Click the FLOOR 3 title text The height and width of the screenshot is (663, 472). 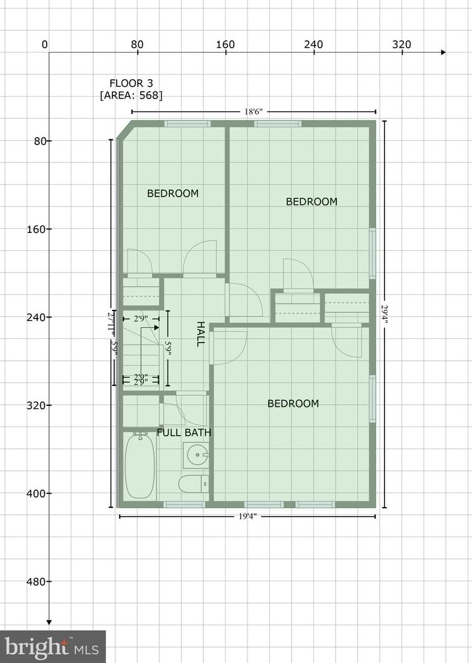pos(131,83)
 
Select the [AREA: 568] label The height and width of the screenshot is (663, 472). pos(131,95)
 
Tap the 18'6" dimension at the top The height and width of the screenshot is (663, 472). pos(253,112)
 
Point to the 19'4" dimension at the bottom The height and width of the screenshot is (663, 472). pos(246,516)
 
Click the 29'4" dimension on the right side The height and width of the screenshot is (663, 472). pos(385,314)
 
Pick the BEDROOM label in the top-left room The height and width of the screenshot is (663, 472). pos(172,193)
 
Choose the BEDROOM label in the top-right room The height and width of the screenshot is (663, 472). pos(311,201)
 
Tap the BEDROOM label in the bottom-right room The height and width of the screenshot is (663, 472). pos(293,403)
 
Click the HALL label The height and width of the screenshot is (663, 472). pos(200,333)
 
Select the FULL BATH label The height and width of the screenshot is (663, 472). pos(184,432)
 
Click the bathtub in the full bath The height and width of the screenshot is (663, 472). pos(140,466)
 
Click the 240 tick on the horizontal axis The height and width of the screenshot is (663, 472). pos(314,45)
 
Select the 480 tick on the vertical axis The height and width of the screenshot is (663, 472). pos(38,581)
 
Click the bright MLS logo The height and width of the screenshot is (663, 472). pos(53,648)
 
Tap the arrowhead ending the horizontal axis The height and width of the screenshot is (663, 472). pos(443,53)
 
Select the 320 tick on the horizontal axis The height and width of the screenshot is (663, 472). pos(402,45)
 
